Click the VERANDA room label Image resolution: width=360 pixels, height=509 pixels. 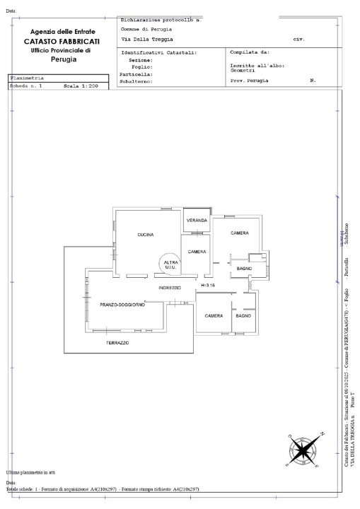197,221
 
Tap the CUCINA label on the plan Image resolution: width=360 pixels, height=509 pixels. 146,235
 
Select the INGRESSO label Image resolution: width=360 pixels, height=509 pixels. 170,288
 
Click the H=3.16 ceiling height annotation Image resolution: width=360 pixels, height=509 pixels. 208,286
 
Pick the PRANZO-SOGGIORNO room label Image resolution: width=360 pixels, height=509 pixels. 122,305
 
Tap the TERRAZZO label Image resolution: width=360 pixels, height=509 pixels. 117,343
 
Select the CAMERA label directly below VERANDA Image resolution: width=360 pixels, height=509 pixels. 197,252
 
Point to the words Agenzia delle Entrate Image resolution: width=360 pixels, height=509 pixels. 64,32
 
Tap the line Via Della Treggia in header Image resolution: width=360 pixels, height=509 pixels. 147,39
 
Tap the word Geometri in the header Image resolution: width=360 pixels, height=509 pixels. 244,71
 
